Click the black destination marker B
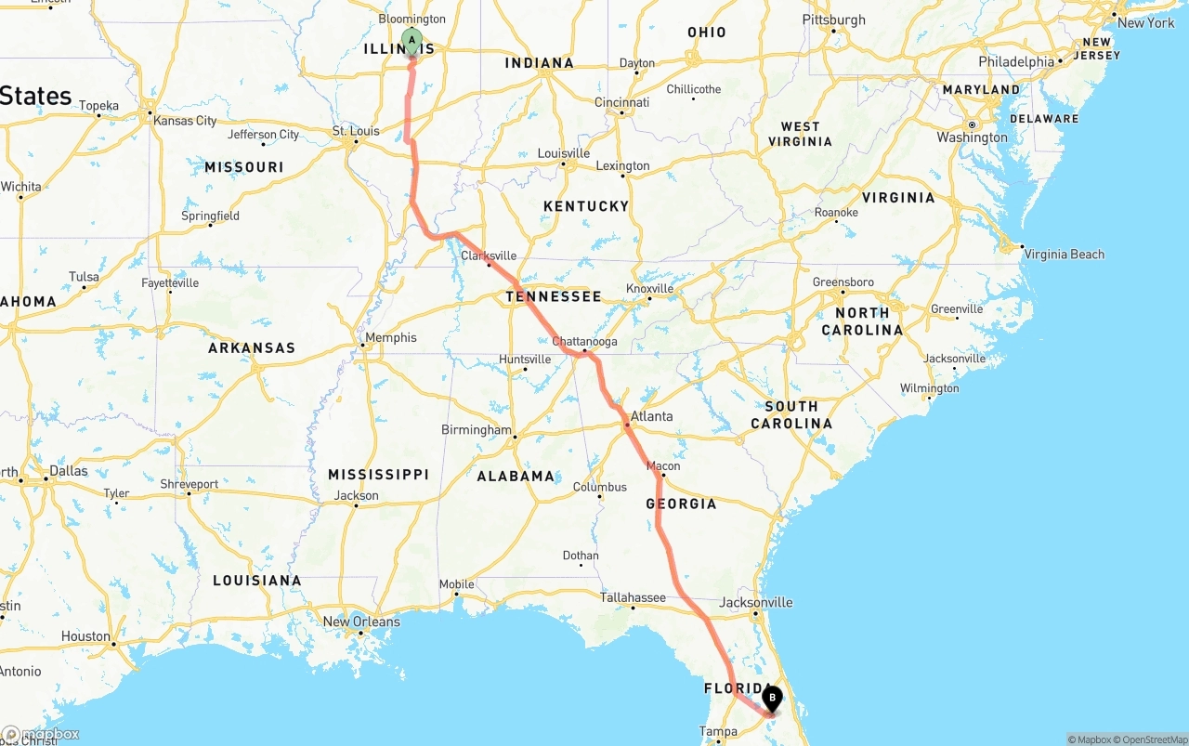tap(772, 698)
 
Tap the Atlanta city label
tap(652, 416)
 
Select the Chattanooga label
tap(584, 342)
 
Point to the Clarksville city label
tap(489, 256)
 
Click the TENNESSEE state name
tap(554, 296)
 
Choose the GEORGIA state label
tap(682, 504)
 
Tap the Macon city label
tap(663, 466)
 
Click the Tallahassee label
tap(633, 597)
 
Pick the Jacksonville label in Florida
tap(756, 602)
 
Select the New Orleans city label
tap(361, 622)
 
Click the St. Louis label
tap(356, 131)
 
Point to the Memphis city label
tap(391, 338)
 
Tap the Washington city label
tap(972, 137)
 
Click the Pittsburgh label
tap(833, 20)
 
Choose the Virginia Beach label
tap(1063, 255)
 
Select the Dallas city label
tap(69, 471)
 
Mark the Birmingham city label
tap(476, 430)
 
